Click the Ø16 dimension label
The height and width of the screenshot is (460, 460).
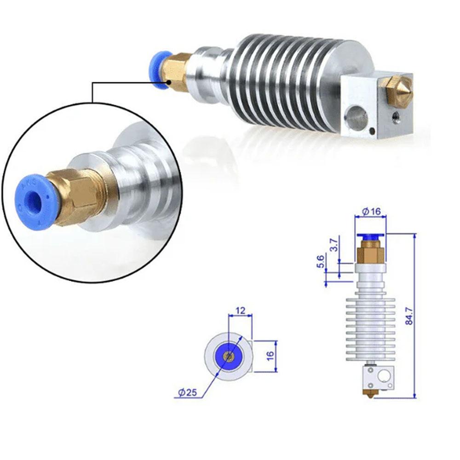[371, 211]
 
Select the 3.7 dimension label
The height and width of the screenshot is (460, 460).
[334, 244]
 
